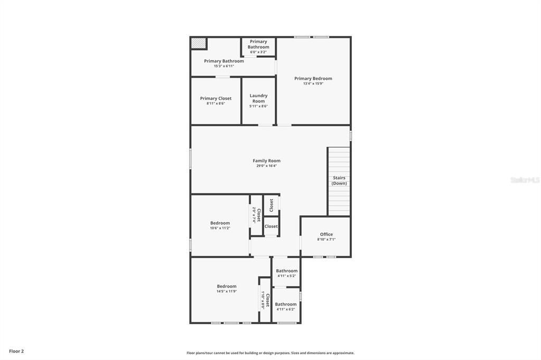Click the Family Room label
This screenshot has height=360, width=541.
266,160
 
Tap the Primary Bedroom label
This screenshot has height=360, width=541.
313,79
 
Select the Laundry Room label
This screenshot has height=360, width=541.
258,98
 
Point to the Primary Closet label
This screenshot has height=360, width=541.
216,98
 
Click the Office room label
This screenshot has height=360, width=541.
327,234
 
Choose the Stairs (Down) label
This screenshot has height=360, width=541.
339,181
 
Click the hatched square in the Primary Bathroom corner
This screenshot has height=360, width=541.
199,43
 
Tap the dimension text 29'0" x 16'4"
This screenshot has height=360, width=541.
266,166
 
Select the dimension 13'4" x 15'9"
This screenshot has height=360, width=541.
313,83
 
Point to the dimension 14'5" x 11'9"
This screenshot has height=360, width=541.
227,291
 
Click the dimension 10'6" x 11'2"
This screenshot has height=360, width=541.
220,228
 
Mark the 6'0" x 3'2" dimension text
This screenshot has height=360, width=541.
258,52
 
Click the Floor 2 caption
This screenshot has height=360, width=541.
16,351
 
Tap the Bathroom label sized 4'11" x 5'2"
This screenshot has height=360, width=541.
286,271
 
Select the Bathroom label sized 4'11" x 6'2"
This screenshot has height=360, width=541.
286,304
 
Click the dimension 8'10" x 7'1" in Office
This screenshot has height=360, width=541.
327,240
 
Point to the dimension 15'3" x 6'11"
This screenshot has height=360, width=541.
224,66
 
